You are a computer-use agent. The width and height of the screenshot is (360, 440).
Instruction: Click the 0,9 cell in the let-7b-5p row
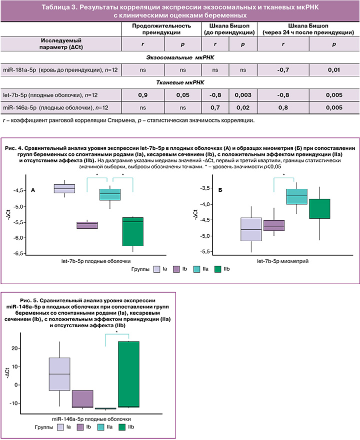[x=143, y=94]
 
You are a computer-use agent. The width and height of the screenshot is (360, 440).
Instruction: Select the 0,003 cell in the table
[x=242, y=94]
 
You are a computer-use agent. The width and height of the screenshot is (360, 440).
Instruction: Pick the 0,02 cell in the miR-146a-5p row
[x=242, y=107]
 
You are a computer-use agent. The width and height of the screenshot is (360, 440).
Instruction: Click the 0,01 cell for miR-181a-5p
[x=334, y=69]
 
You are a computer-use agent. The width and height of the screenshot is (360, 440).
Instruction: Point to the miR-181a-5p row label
[x=59, y=69]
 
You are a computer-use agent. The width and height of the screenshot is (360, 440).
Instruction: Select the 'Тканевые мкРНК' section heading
[x=180, y=82]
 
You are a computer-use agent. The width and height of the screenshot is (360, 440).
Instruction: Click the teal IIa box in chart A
[x=110, y=194]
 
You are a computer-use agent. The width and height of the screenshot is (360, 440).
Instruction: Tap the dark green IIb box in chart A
[x=132, y=231]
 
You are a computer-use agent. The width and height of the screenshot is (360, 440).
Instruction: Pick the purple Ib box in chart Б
[x=273, y=225]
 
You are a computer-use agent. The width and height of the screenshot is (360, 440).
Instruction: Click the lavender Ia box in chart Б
[x=251, y=229]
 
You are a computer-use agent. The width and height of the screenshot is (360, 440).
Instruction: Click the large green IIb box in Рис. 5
[x=128, y=374]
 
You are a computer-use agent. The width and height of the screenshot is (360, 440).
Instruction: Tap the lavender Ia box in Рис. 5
[x=59, y=374]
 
